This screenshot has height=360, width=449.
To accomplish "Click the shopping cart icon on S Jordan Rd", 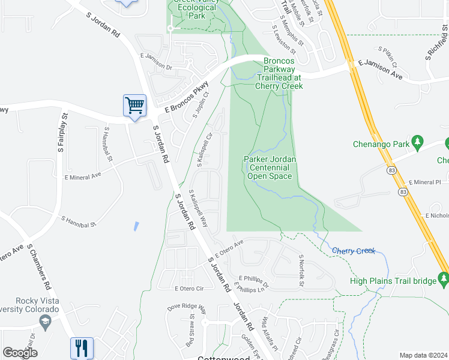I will [x=134, y=106].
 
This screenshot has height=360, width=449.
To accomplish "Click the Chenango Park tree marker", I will [x=418, y=143].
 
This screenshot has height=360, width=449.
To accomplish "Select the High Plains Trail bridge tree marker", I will [x=444, y=278].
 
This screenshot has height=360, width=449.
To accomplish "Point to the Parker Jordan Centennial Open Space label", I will [x=270, y=167].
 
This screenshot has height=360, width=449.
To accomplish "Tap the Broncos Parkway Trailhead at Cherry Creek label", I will [x=279, y=73].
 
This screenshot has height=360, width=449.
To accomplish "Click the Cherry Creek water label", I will [x=353, y=251].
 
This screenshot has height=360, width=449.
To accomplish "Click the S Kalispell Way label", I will [x=199, y=208].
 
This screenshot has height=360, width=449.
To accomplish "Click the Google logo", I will [x=20, y=353].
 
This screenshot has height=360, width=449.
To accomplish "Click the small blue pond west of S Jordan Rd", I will [x=137, y=227].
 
